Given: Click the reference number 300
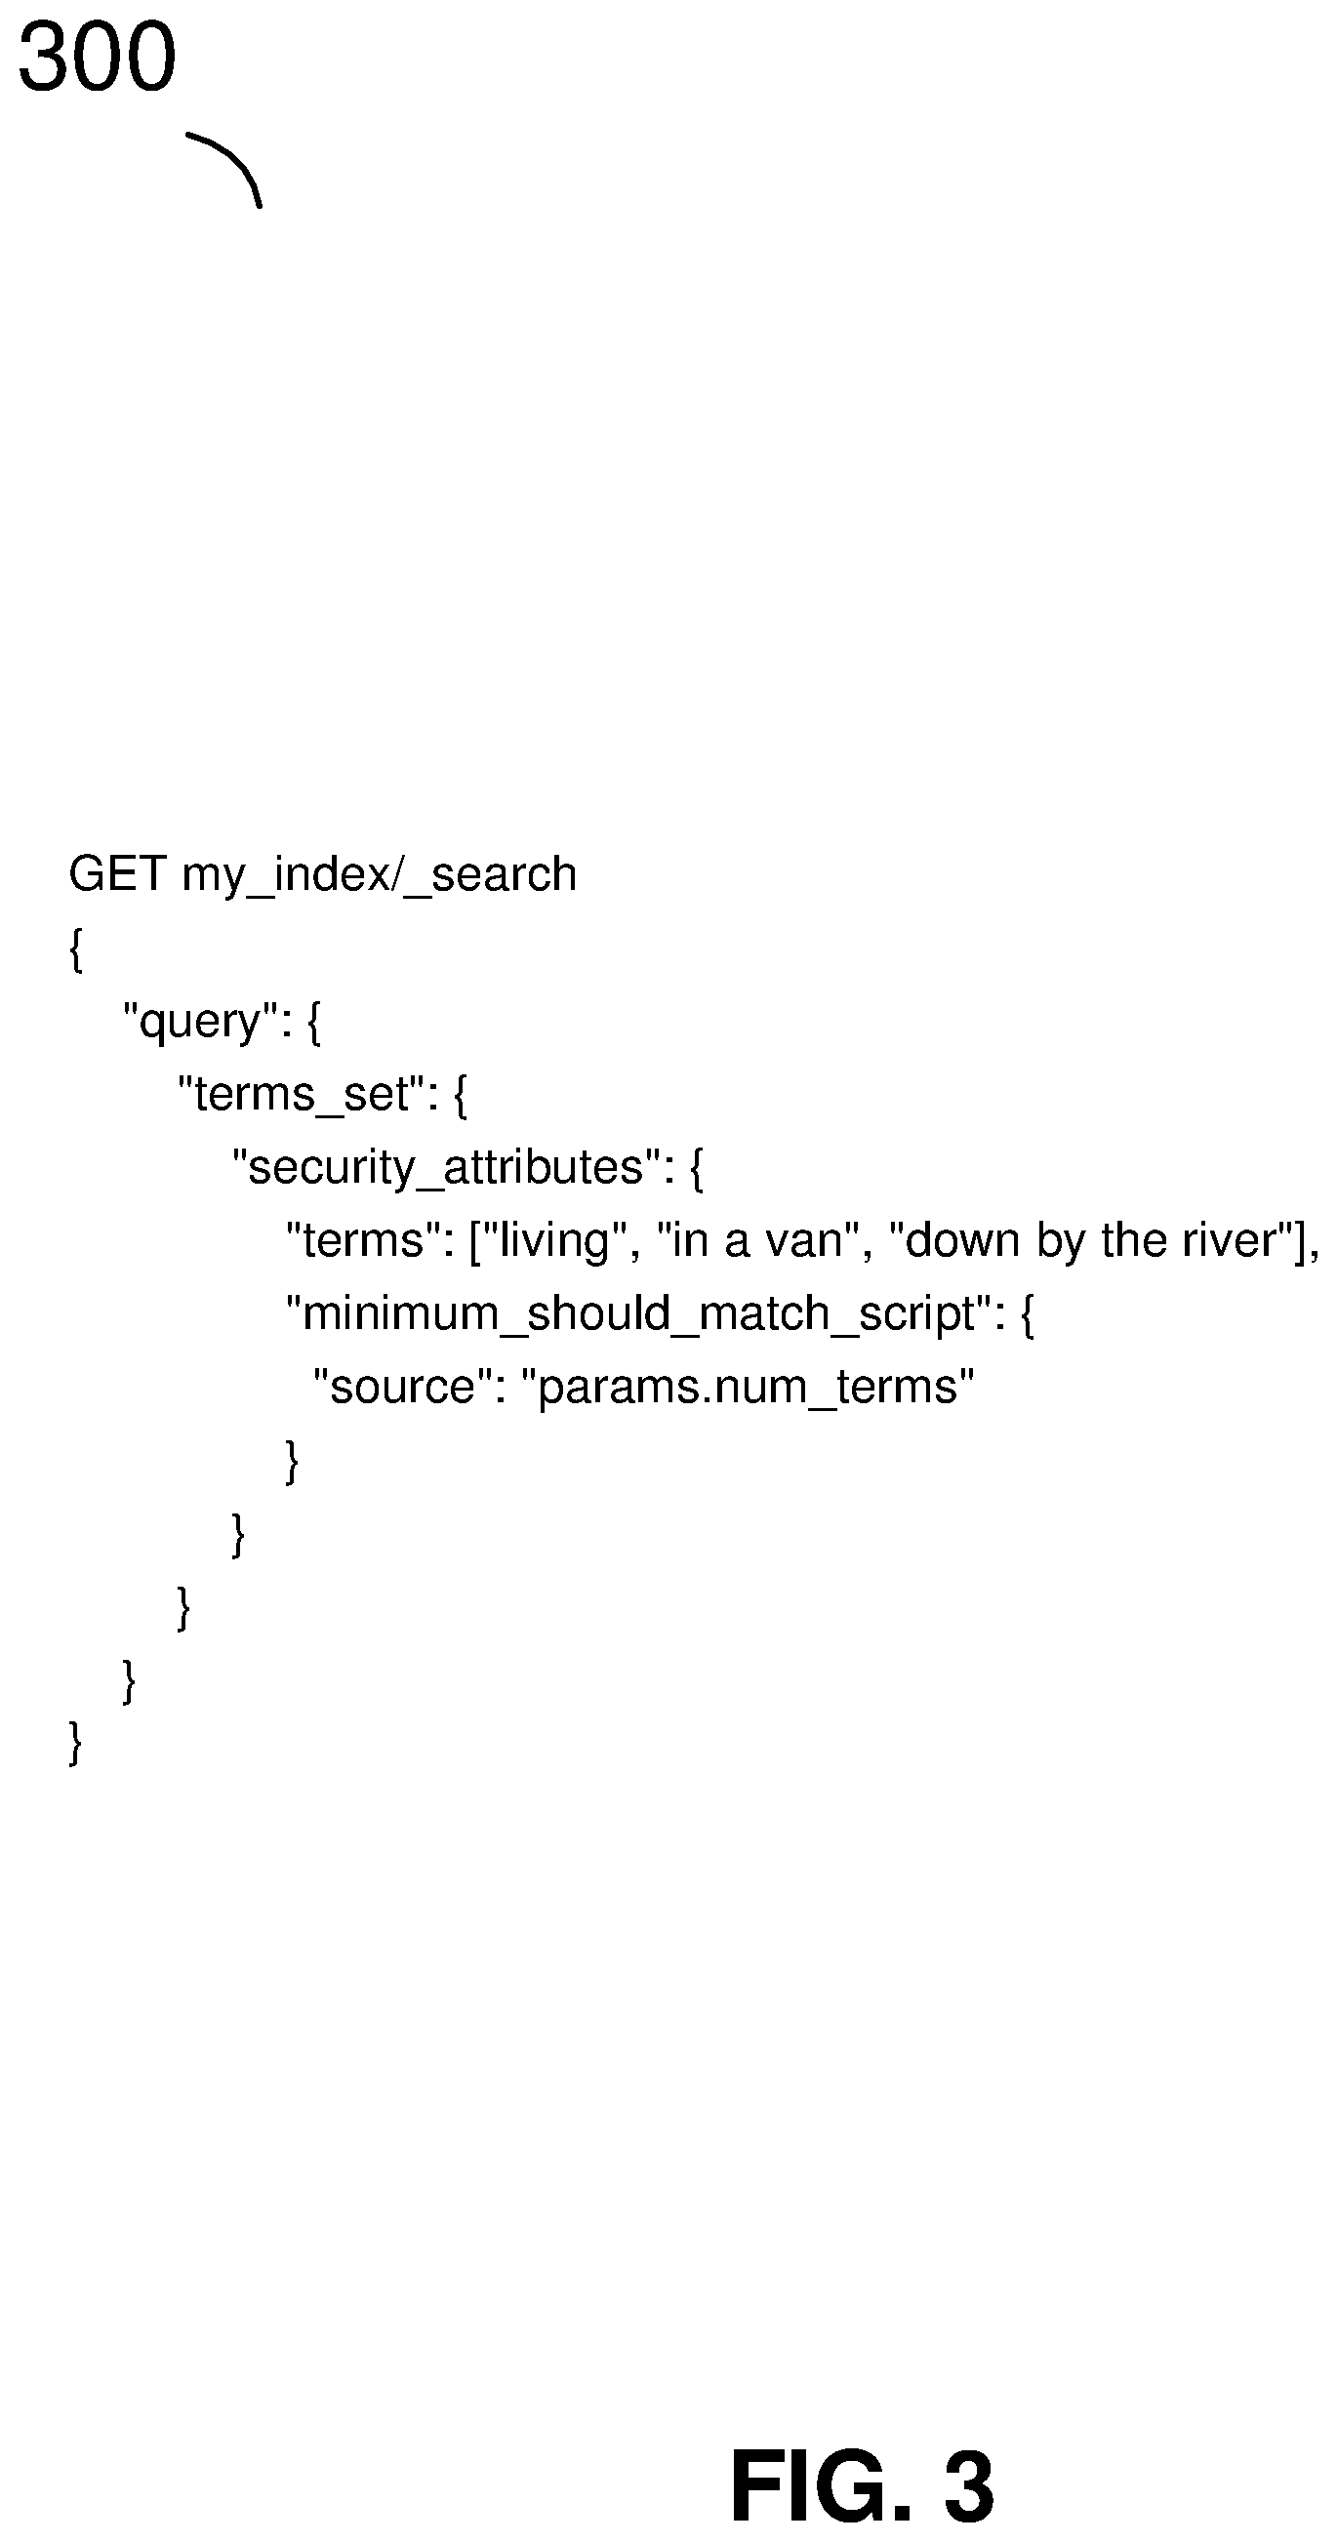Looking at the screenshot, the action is click(97, 58).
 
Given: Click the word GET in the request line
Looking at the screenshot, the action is click(117, 873).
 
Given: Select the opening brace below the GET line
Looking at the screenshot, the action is click(76, 949).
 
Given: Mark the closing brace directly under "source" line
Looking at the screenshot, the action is click(292, 1461).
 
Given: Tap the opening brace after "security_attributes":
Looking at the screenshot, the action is click(697, 1168).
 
